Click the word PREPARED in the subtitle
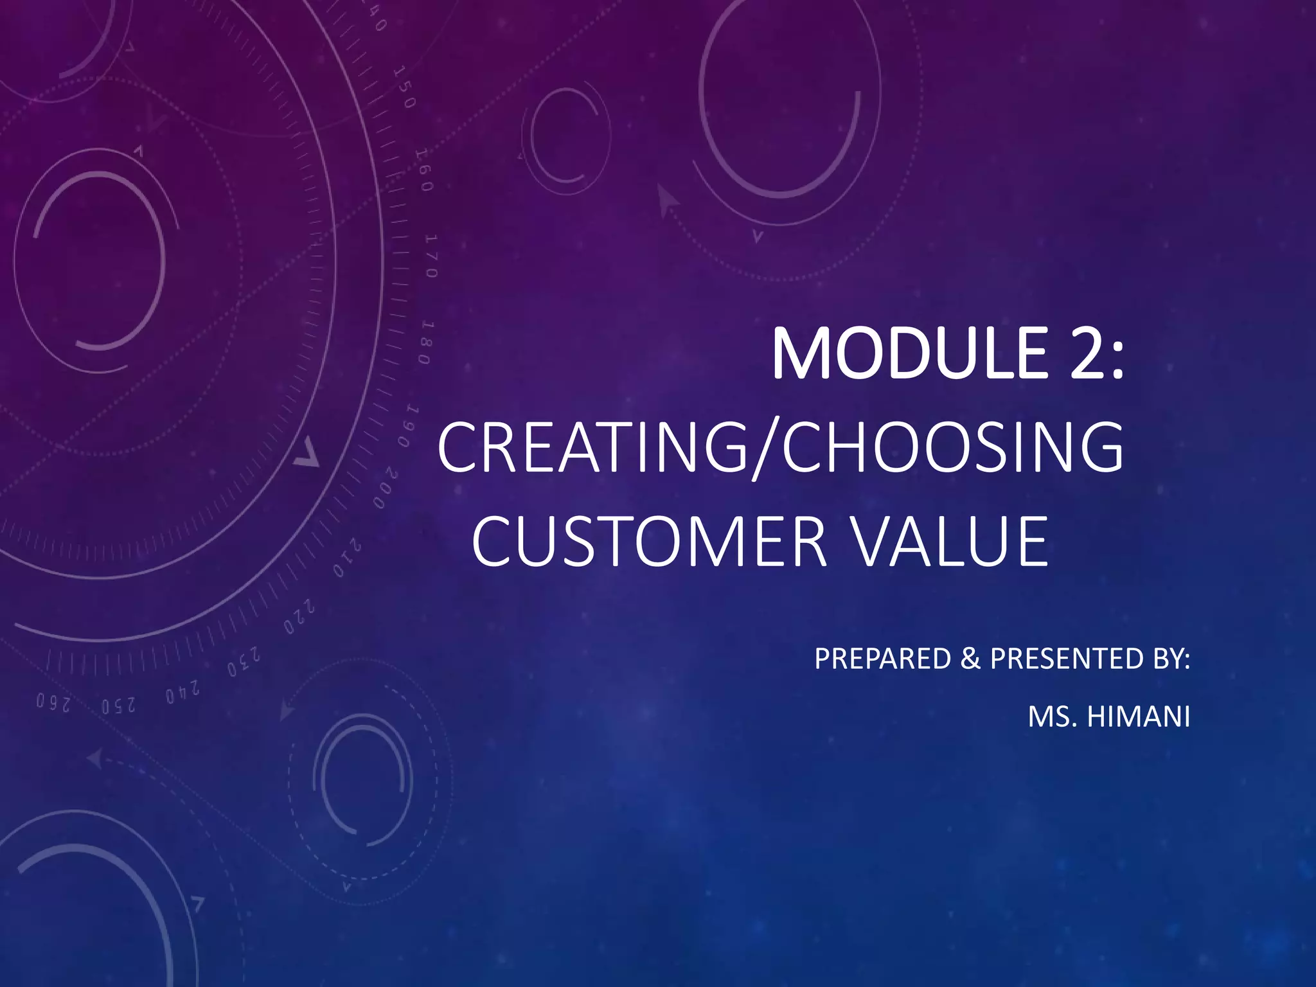click(x=882, y=659)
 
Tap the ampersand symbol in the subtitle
click(x=970, y=659)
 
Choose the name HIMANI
click(x=1138, y=717)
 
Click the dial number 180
click(x=426, y=342)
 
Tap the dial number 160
click(x=423, y=170)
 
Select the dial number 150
click(x=405, y=87)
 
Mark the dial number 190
click(x=409, y=427)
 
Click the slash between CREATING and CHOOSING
click(x=764, y=447)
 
